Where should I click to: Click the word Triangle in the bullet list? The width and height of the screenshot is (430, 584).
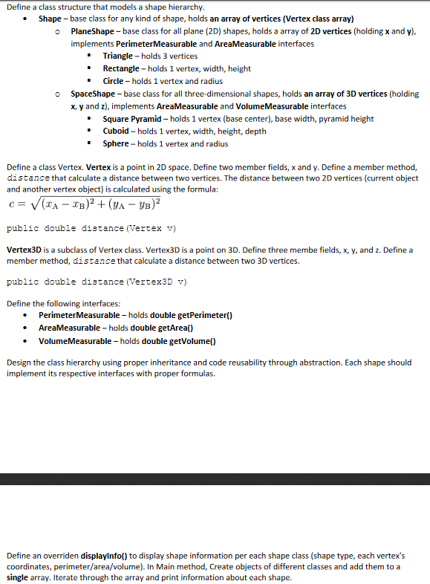[x=117, y=56]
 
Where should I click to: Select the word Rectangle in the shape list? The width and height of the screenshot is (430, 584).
[x=121, y=69]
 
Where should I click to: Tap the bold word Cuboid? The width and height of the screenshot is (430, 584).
[x=117, y=132]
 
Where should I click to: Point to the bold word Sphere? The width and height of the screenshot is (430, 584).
[x=116, y=144]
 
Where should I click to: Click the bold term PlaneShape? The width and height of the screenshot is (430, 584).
[x=94, y=32]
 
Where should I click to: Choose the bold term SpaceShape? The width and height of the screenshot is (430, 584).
[x=93, y=94]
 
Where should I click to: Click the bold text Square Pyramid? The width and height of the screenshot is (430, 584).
[x=134, y=119]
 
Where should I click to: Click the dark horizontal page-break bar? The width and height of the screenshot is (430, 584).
[x=215, y=478]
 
